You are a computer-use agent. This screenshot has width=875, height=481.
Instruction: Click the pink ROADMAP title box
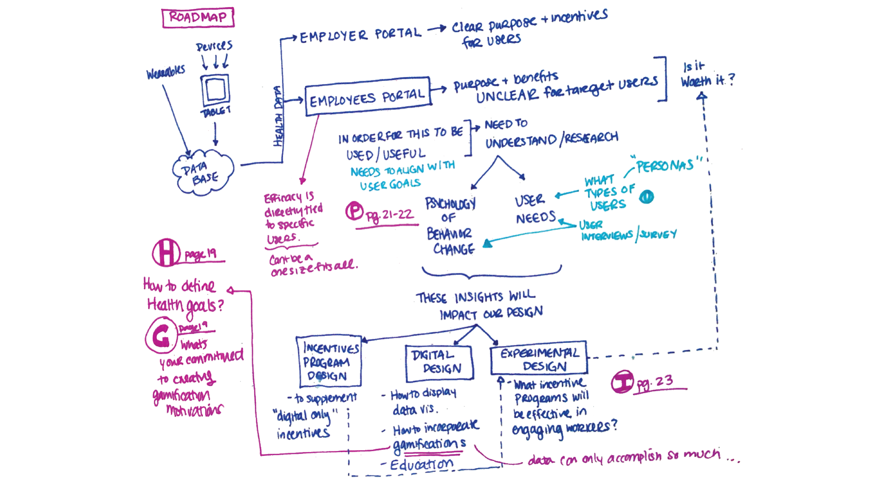tap(198, 17)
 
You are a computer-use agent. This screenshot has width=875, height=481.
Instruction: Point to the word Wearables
tap(166, 73)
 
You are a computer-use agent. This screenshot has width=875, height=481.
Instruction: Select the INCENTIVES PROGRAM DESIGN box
tap(329, 361)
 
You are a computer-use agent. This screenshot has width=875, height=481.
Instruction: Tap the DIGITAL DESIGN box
tap(439, 363)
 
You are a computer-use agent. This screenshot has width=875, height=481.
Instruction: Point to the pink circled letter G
tap(161, 335)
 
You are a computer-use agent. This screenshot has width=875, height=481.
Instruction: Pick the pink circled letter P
tap(355, 211)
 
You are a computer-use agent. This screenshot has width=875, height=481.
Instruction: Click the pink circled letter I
tap(622, 382)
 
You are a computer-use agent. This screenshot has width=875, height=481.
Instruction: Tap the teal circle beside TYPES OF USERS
tap(646, 197)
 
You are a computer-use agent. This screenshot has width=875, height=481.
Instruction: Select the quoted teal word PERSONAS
tap(665, 165)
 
